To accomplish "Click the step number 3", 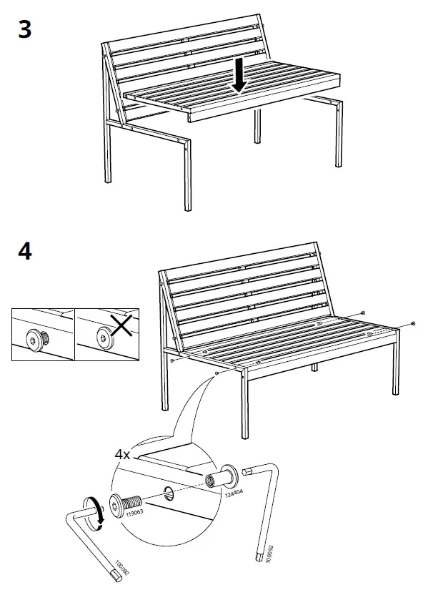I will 24,31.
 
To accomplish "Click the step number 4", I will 24,252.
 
